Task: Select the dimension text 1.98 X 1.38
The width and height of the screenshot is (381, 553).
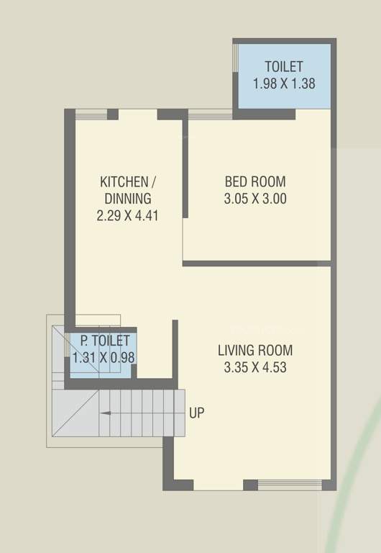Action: (283, 84)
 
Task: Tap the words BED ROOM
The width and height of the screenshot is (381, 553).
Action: (254, 181)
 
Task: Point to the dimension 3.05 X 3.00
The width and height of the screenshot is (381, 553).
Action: (254, 199)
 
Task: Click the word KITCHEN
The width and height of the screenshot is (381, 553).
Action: (124, 181)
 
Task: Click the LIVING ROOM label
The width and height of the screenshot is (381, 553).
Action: (255, 351)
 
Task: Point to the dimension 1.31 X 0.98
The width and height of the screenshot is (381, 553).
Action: (104, 357)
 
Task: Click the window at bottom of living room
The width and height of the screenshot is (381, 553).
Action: (289, 485)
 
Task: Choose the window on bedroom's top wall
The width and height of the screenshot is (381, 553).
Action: (209, 113)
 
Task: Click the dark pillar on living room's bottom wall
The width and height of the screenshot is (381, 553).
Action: (250, 485)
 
